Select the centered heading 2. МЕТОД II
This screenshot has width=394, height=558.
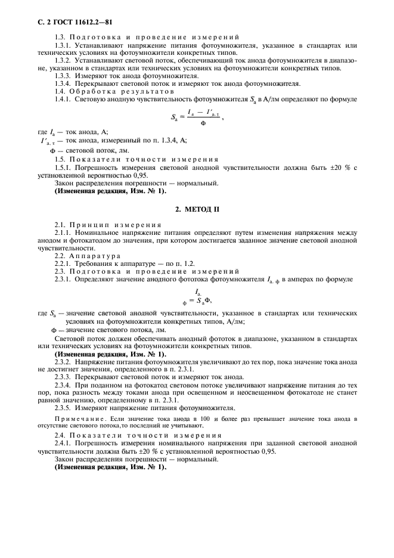coord(197,210)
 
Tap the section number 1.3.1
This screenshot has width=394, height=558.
coord(63,45)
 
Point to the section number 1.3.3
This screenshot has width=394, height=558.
coord(63,76)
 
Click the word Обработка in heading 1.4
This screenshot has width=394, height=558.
coord(89,92)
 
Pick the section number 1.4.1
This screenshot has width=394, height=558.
coord(63,100)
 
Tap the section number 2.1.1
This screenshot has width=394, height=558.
coord(63,231)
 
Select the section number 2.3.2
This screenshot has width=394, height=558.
coord(63,362)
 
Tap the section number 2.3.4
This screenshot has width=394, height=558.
coord(63,385)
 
